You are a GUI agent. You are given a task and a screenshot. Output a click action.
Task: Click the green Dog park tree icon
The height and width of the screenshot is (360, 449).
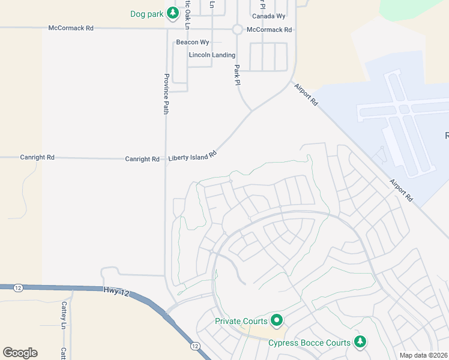click(173, 13)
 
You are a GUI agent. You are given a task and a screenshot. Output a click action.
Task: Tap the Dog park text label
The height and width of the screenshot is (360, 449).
click(147, 13)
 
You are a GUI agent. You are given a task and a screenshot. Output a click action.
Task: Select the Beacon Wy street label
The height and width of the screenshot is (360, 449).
click(192, 43)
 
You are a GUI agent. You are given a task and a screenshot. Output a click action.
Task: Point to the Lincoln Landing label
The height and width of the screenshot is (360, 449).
click(212, 55)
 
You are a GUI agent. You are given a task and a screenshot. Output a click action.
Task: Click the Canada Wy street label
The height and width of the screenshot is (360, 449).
click(268, 16)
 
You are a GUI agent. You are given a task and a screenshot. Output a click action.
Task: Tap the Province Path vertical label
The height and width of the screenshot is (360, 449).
click(166, 94)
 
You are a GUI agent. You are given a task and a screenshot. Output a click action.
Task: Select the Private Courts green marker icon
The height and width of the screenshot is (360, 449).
click(276, 320)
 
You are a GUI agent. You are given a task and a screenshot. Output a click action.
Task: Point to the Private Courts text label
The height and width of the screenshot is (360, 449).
click(241, 321)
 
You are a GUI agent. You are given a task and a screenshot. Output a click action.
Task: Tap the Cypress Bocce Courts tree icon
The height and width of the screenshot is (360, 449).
click(360, 342)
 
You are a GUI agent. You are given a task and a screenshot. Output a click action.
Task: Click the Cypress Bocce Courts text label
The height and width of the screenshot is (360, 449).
click(309, 343)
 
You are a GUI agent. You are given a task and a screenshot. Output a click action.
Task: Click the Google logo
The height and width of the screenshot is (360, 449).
click(20, 352)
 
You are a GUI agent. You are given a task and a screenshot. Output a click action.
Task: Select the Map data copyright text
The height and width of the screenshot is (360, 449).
click(423, 355)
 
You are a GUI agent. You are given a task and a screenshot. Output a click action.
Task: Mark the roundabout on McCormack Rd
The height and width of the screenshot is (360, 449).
click(237, 29)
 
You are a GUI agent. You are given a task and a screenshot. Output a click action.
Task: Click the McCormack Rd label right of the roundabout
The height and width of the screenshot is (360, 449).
click(269, 29)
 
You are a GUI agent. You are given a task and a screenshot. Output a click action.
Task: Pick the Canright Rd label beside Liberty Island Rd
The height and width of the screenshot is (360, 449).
click(142, 159)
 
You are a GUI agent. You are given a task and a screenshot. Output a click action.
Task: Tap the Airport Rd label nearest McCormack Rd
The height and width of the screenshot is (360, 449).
click(306, 95)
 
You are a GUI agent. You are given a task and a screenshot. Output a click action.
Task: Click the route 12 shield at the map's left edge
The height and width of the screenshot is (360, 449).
click(19, 289)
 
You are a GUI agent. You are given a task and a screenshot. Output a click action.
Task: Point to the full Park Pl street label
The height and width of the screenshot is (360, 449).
click(237, 75)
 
